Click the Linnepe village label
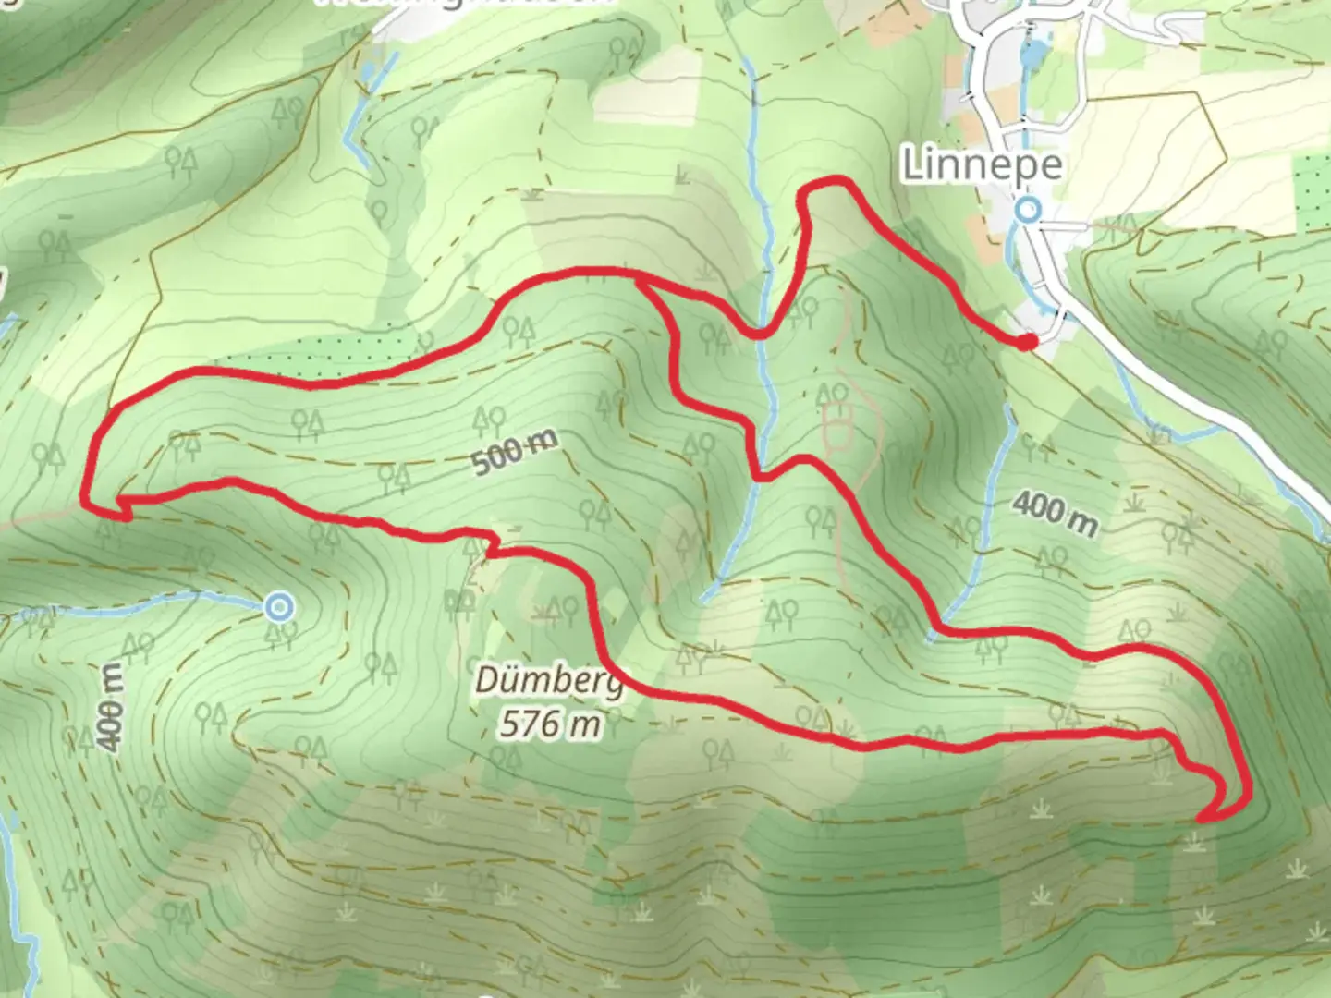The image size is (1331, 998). click(981, 165)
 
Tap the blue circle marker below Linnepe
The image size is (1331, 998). click(1028, 211)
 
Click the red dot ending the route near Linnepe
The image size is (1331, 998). click(1027, 342)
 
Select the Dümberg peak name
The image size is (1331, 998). click(549, 682)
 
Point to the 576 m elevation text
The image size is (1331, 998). click(551, 723)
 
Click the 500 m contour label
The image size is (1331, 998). click(516, 452)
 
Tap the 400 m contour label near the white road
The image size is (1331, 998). click(1055, 513)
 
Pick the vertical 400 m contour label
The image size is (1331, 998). click(110, 707)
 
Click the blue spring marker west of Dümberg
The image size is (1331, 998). click(278, 607)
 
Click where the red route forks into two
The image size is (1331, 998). click(640, 279)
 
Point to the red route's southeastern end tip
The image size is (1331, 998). click(1201, 818)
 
